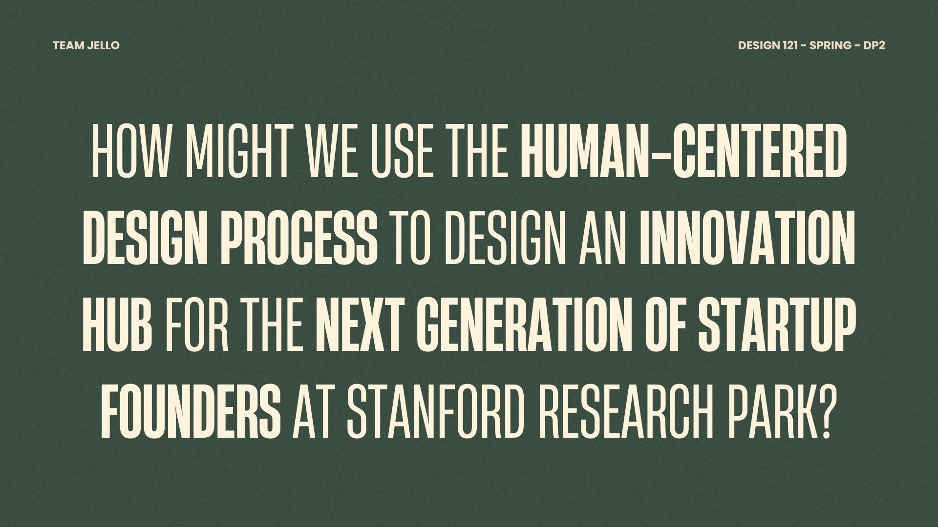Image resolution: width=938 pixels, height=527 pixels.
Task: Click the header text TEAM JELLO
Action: click(86, 45)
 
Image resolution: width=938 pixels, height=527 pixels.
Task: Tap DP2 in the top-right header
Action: click(874, 45)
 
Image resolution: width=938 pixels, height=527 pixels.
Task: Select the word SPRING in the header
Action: click(831, 45)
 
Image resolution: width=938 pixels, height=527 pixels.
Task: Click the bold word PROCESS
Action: click(298, 239)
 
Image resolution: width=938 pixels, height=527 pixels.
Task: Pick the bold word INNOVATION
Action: click(747, 239)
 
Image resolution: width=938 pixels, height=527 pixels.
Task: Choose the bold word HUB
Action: click(117, 325)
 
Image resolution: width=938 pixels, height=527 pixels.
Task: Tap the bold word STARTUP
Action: click(777, 325)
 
